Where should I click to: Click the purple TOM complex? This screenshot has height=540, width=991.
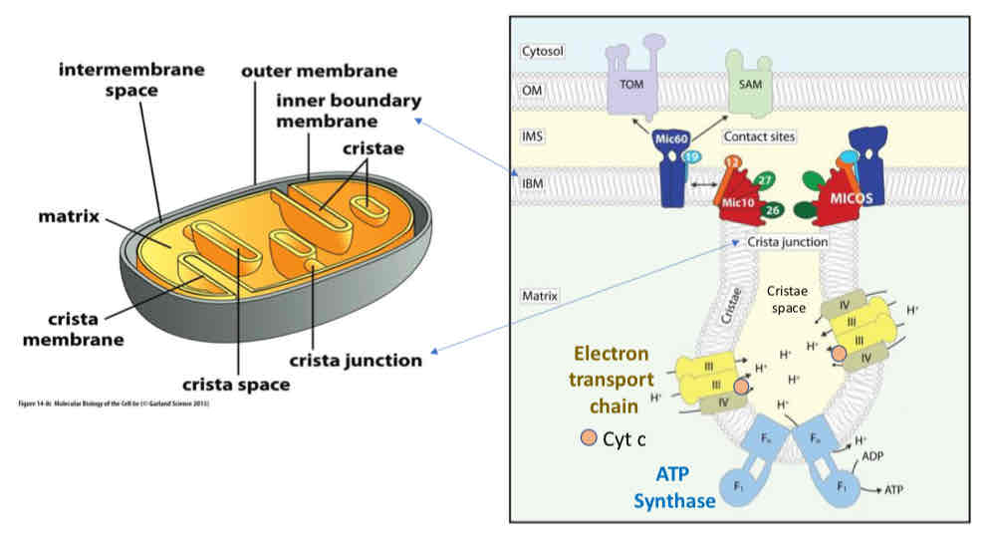click(x=631, y=87)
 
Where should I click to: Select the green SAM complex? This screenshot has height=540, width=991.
click(x=751, y=87)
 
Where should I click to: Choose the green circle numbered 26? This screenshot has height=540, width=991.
click(x=773, y=209)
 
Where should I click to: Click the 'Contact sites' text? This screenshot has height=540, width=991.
click(x=760, y=136)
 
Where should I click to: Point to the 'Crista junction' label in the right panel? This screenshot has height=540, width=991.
click(x=787, y=241)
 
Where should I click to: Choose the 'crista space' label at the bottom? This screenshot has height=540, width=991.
click(x=235, y=384)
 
